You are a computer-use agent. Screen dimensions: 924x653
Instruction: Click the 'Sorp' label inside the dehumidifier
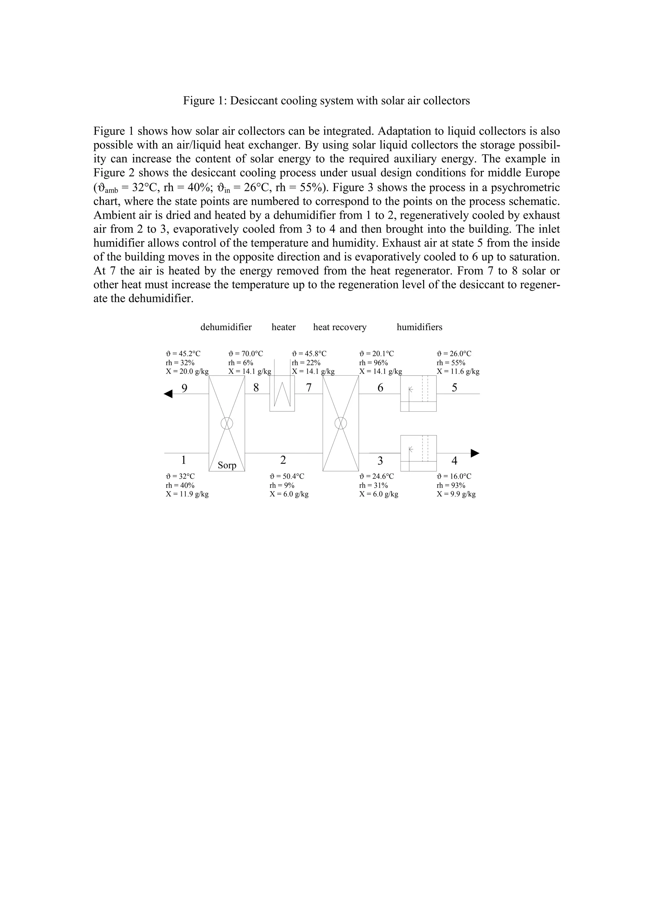tap(227, 465)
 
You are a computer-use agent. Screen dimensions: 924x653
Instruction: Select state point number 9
tap(184, 388)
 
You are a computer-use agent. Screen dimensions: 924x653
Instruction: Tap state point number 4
tap(454, 460)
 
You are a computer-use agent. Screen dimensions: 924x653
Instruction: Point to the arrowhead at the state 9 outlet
tap(168, 394)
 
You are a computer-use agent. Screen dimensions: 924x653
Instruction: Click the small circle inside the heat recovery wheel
tap(341, 423)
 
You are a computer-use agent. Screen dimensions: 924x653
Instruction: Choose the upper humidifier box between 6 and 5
tap(418, 393)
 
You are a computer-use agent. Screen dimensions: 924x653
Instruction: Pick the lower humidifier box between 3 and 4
tap(418, 453)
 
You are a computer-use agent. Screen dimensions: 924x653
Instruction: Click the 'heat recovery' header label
tap(340, 327)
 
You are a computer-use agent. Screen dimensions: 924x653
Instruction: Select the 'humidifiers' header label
tap(419, 327)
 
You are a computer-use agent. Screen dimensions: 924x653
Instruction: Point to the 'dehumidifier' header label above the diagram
tap(226, 327)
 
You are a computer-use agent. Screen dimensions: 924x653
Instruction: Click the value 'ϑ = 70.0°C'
tap(246, 354)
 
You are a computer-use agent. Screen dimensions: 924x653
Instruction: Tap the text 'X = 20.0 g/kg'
tap(187, 371)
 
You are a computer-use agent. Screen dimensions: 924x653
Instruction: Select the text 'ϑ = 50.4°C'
tap(287, 476)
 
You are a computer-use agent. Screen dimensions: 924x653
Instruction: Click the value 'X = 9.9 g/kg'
tap(456, 494)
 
